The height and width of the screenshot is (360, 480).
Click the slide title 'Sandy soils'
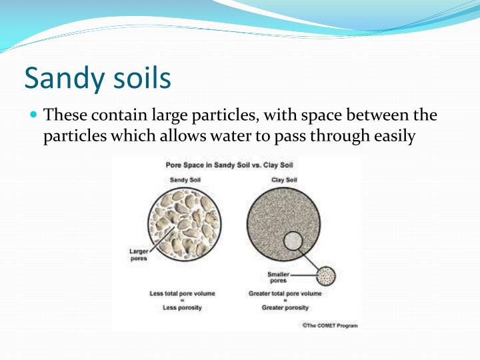pos(97,77)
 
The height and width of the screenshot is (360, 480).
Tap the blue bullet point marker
pos(34,115)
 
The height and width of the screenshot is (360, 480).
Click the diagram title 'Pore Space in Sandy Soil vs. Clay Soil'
pos(236,165)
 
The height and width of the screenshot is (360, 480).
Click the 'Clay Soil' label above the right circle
pos(283,180)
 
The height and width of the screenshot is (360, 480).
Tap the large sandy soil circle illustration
pos(185,223)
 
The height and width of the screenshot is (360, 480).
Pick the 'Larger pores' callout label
pos(138,255)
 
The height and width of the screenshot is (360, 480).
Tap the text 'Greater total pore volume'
pos(285,293)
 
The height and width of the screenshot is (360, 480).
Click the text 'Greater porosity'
pos(285,308)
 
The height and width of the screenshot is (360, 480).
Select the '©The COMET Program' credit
pos(329,325)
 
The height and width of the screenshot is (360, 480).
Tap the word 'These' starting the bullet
pos(63,115)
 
